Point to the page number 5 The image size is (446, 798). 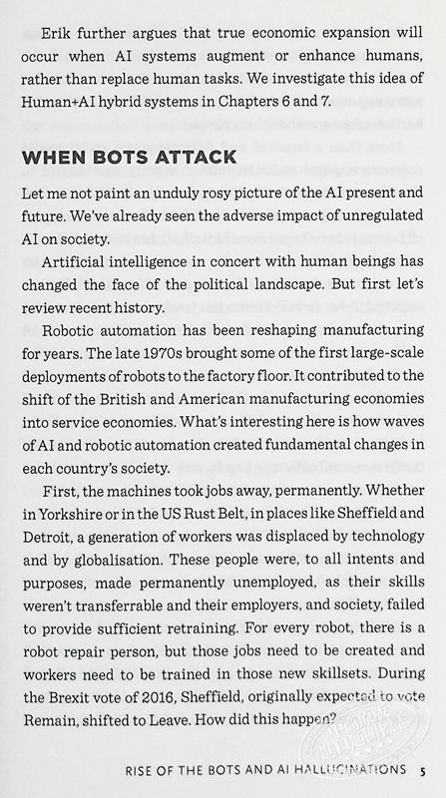coord(425,772)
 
